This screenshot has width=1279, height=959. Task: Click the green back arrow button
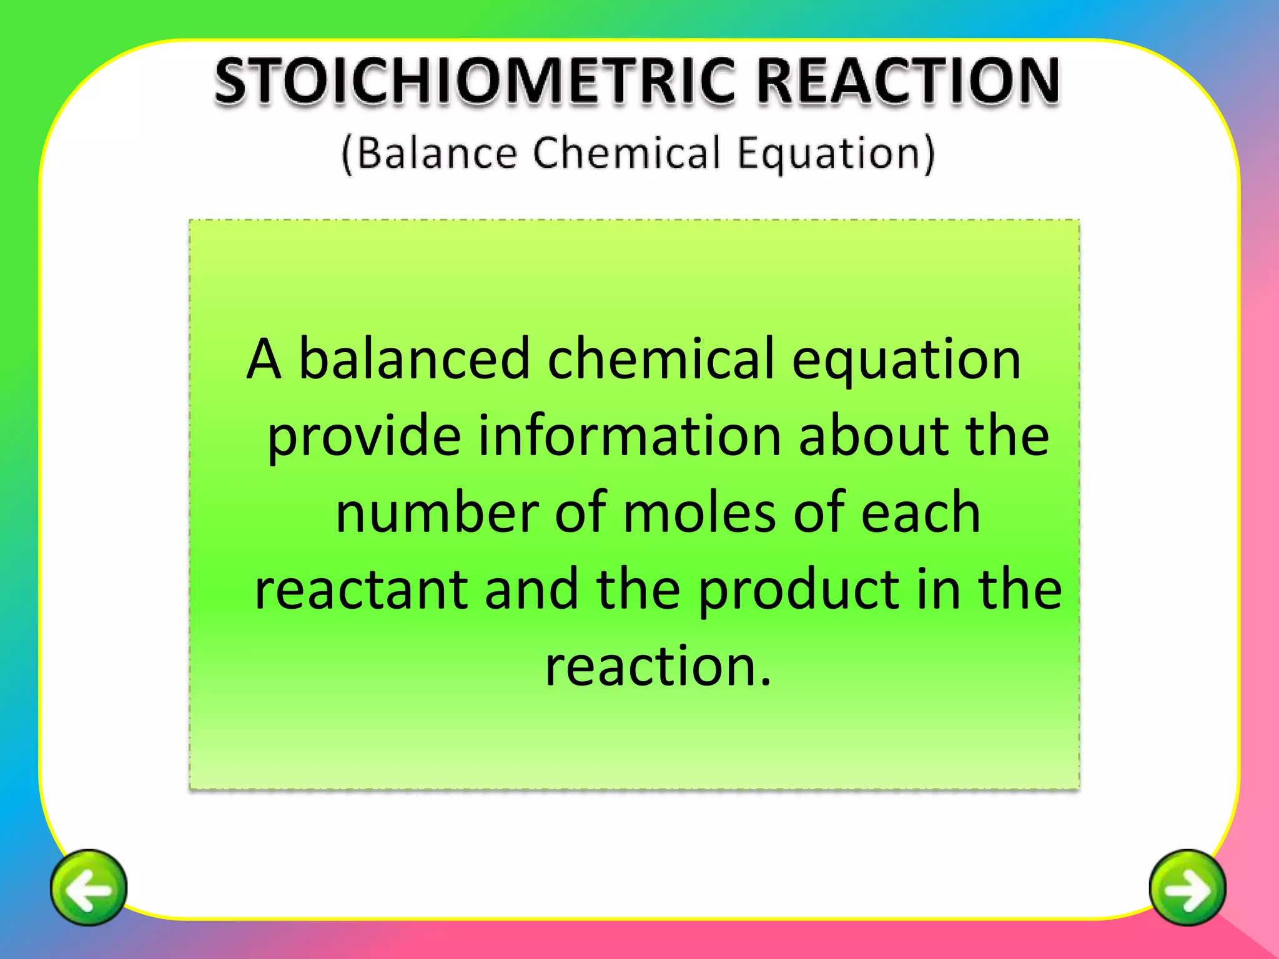point(89,887)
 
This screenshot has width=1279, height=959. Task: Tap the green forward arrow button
point(1187,887)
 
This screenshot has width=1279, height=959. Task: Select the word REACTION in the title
point(909,81)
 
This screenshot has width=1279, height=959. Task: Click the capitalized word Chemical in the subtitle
point(627,153)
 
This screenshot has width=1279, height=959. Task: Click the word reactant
point(361,589)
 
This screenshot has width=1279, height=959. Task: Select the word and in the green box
point(531,589)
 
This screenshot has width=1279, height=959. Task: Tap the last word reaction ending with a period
point(658,666)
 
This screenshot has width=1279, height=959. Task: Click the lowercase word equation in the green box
point(906,361)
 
